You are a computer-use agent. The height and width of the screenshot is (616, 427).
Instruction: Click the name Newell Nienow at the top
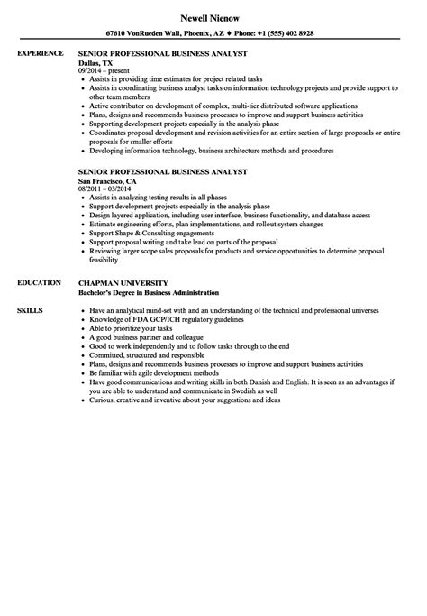point(213,16)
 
